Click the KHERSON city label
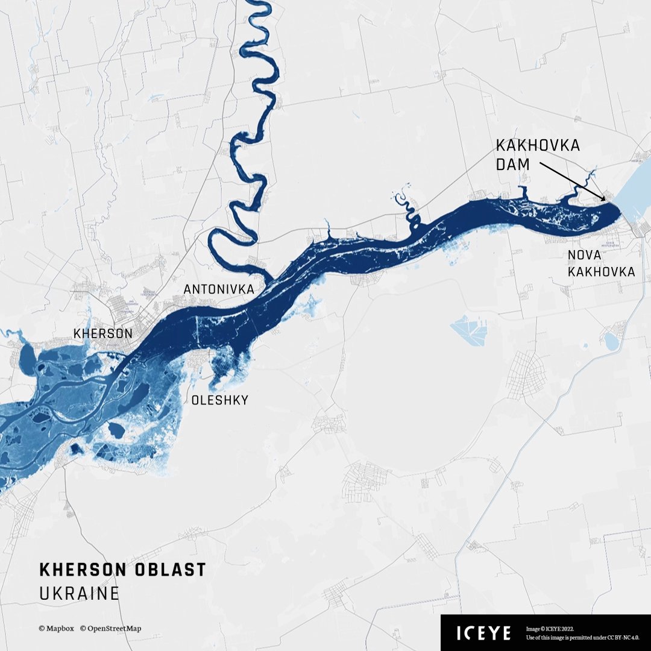tap(102, 333)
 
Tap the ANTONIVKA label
tap(219, 290)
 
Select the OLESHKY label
tap(219, 400)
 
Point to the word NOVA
tap(584, 256)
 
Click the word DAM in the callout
tap(512, 164)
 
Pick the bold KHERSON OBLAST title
tap(122, 570)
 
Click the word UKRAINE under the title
tap(79, 593)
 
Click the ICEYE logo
tap(483, 633)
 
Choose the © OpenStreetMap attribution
tap(110, 628)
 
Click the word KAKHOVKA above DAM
tap(538, 146)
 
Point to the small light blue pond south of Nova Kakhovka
tap(611, 342)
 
